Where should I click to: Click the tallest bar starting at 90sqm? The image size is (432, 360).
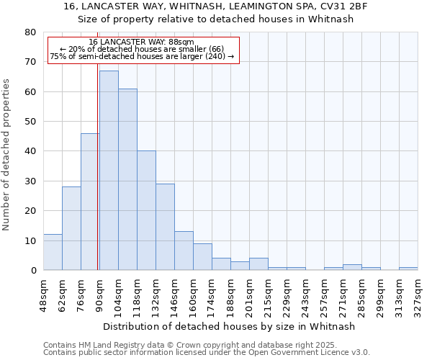(x=109, y=171)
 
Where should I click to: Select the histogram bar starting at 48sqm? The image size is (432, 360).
(x=53, y=252)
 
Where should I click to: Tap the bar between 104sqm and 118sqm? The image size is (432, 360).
(x=127, y=179)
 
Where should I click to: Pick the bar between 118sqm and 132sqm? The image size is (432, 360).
(x=146, y=210)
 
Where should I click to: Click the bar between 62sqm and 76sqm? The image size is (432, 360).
(x=71, y=228)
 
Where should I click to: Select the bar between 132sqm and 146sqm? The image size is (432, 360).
(x=165, y=227)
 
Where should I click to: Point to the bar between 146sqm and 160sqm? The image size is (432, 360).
(x=184, y=251)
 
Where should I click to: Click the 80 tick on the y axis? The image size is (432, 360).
(x=30, y=32)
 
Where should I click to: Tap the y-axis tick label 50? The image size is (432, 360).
(x=30, y=122)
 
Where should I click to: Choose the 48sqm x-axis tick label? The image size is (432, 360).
(x=44, y=293)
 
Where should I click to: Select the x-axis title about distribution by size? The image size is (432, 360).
(x=230, y=326)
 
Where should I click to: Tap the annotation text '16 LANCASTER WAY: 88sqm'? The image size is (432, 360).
(x=142, y=42)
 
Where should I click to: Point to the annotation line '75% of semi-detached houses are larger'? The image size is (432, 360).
(x=142, y=56)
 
